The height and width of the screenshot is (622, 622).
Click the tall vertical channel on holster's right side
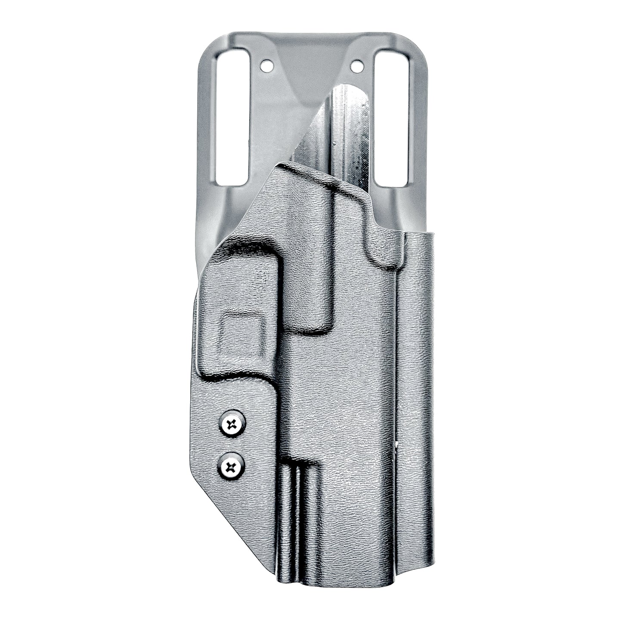418,387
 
